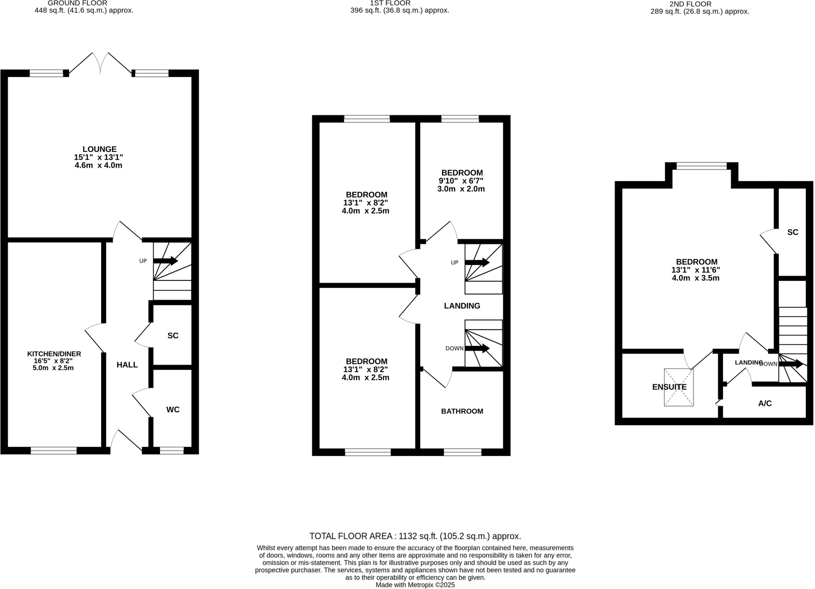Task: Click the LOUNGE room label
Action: (x=99, y=149)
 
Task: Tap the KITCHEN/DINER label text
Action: (x=54, y=354)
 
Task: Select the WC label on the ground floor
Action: (x=173, y=410)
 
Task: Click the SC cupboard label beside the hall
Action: (x=173, y=335)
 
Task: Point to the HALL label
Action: (x=127, y=365)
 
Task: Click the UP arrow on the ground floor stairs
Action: (x=166, y=261)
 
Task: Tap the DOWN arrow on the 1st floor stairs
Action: (x=477, y=349)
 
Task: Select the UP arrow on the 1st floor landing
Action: (x=477, y=262)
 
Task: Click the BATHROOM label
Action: (x=462, y=411)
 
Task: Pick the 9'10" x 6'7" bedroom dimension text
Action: (x=462, y=181)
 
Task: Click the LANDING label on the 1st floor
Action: (x=462, y=306)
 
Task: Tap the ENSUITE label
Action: (x=669, y=387)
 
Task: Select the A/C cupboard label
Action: (x=765, y=403)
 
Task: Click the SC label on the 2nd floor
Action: (x=793, y=232)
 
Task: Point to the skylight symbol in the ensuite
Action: (x=679, y=387)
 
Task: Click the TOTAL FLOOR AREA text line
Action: (x=415, y=536)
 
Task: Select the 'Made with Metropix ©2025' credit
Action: (x=415, y=585)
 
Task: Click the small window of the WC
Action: (x=172, y=451)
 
